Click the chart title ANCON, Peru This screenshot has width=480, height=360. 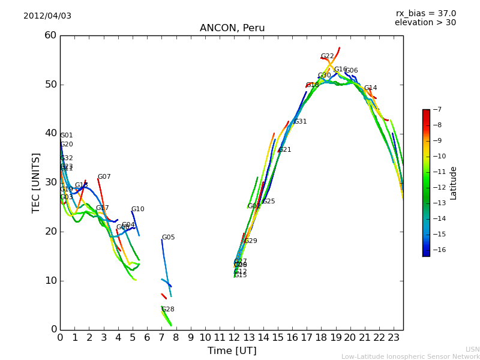(x=232, y=28)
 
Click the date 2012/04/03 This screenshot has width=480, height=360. (x=47, y=16)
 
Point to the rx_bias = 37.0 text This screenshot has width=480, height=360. (x=425, y=14)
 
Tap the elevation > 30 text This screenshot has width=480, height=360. (x=425, y=23)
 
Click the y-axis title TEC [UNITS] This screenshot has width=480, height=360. (x=36, y=182)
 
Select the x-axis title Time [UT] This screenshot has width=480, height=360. (x=232, y=351)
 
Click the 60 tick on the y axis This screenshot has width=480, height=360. (x=50, y=35)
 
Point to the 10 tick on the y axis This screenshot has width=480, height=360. (x=50, y=280)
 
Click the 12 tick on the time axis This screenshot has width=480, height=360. (x=234, y=338)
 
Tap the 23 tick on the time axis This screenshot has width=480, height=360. (x=394, y=338)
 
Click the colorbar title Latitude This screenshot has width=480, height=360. (x=454, y=182)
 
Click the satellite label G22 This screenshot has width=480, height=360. (x=327, y=56)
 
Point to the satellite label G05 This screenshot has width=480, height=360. (x=168, y=238)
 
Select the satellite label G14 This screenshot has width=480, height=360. (x=370, y=88)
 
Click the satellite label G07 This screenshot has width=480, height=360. (x=104, y=177)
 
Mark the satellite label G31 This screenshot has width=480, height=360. (x=300, y=122)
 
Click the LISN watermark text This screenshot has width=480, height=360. (x=472, y=349)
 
